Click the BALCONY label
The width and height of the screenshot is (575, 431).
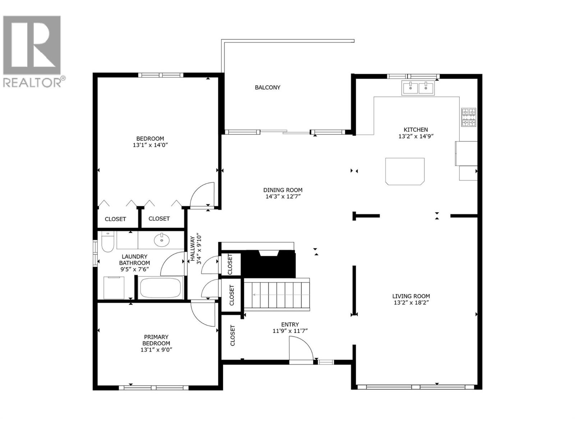pyautogui.click(x=267, y=87)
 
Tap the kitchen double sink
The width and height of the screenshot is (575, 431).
pyautogui.click(x=418, y=88)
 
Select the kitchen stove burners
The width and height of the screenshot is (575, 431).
pyautogui.click(x=469, y=117)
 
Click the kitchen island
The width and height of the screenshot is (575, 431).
pyautogui.click(x=405, y=171)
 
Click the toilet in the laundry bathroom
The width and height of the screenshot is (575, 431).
pyautogui.click(x=107, y=241)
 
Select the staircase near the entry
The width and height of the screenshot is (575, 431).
pyautogui.click(x=277, y=295)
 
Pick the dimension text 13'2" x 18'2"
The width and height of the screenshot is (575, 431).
pyautogui.click(x=411, y=303)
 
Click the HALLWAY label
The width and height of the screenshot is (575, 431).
pyautogui.click(x=193, y=248)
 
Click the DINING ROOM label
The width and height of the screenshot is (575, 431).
pyautogui.click(x=282, y=190)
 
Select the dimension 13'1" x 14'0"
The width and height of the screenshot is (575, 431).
pyautogui.click(x=150, y=145)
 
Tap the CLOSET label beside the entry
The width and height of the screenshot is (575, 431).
pyautogui.click(x=232, y=335)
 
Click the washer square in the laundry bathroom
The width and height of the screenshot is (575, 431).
pyautogui.click(x=114, y=287)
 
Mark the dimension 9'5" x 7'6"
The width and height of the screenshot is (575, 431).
pyautogui.click(x=134, y=269)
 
